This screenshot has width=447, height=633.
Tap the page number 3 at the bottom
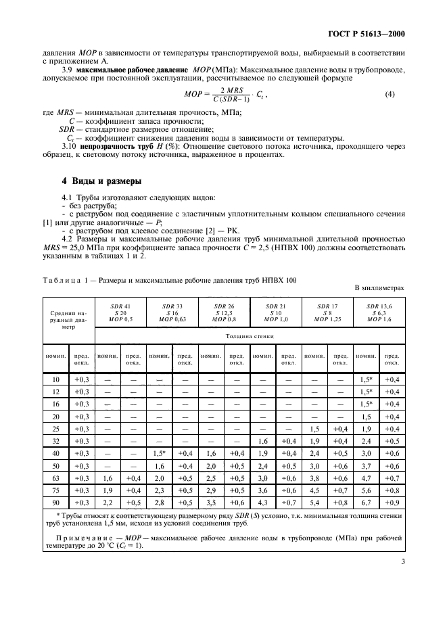tap(402, 597)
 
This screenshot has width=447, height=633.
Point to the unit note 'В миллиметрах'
tap(379, 287)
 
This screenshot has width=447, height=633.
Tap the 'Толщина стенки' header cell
tap(249, 333)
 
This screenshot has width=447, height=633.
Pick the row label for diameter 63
tap(55, 477)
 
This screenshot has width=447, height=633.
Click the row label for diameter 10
tap(55, 380)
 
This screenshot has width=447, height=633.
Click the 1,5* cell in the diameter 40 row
tap(159, 453)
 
